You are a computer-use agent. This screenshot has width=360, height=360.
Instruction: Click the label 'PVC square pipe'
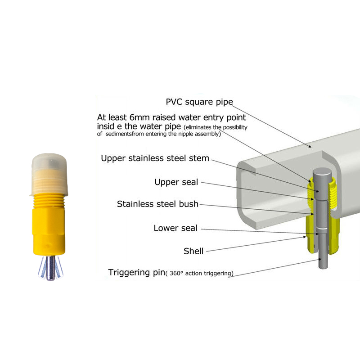(199, 102)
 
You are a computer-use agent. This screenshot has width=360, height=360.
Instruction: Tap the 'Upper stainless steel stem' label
(155, 158)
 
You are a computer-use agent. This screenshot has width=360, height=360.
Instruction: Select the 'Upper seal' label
(176, 182)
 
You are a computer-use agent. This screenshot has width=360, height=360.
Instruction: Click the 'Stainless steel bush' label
(157, 204)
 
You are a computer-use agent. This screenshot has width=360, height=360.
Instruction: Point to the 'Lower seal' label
(175, 228)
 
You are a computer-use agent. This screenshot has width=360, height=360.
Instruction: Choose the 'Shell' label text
(193, 251)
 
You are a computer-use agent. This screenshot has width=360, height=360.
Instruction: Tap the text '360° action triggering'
(200, 273)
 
